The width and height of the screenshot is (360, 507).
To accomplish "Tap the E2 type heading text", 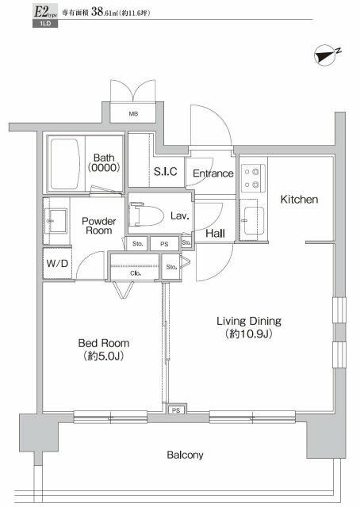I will click(x=21, y=11).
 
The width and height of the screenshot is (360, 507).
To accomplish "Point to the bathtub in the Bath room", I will click(x=67, y=164).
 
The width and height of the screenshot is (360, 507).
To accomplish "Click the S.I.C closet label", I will click(x=165, y=172).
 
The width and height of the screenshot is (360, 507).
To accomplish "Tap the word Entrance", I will click(x=213, y=173).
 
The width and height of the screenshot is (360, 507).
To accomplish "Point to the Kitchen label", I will click(x=299, y=200).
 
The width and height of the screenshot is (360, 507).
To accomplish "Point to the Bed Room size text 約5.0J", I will click(x=103, y=356).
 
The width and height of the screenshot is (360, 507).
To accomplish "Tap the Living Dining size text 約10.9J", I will click(x=250, y=334).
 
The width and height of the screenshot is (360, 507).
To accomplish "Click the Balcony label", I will click(x=185, y=455).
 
